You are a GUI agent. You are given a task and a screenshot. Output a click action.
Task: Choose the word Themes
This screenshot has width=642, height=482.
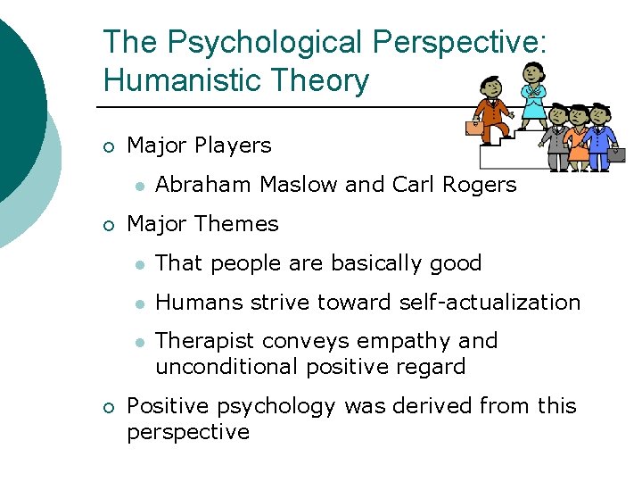[241, 224]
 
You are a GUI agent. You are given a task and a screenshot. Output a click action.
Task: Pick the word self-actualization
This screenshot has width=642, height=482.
[490, 303]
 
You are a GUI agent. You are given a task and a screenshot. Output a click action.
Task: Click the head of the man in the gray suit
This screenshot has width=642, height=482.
[558, 114]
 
